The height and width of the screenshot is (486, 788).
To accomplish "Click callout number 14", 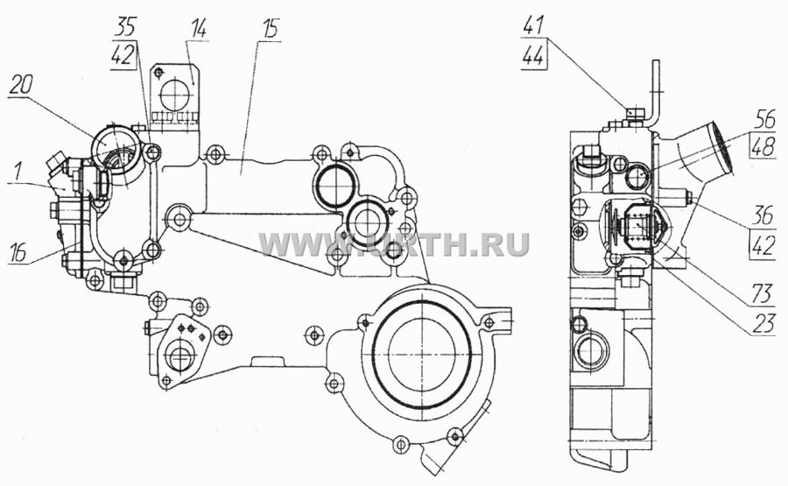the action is (x=199, y=29).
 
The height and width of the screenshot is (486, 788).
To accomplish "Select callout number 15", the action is (x=271, y=29).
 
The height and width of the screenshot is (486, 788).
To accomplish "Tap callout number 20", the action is (x=20, y=86).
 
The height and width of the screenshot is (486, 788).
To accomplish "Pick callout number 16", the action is (x=18, y=254).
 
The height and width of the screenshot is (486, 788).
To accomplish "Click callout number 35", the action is (x=124, y=26).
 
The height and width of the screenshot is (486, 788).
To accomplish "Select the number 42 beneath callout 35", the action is (x=123, y=54).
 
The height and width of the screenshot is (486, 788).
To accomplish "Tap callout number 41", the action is (x=533, y=25).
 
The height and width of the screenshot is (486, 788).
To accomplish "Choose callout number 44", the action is (x=533, y=56).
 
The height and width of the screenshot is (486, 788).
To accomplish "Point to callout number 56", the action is (x=764, y=120).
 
